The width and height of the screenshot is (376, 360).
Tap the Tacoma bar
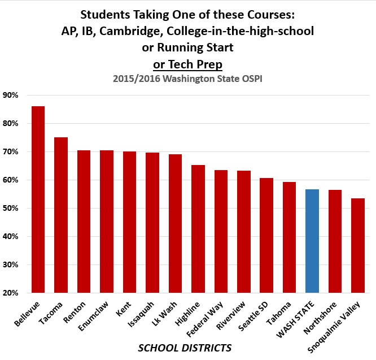click(x=60, y=215)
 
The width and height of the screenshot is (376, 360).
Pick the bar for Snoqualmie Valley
click(x=357, y=246)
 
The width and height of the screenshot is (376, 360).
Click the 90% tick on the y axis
click(x=11, y=95)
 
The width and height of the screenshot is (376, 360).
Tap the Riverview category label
click(x=234, y=316)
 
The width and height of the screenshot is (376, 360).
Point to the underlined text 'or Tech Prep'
click(x=188, y=64)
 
